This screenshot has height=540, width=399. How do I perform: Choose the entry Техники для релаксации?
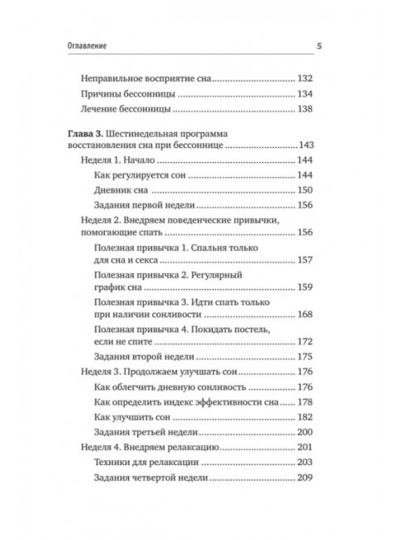click(x=167, y=462)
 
